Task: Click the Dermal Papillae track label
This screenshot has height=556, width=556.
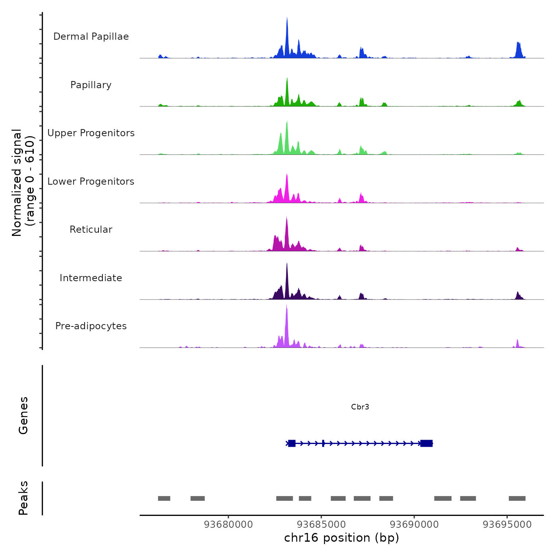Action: [91, 37]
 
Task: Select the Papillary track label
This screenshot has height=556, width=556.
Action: [91, 85]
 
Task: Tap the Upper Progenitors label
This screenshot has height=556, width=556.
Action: [91, 133]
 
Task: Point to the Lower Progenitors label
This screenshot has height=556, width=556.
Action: [91, 181]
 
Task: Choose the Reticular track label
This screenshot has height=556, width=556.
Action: [91, 230]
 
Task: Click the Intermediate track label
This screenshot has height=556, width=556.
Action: [91, 278]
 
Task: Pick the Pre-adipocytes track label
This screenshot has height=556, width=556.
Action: [91, 326]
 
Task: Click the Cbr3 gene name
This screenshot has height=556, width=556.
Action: [360, 407]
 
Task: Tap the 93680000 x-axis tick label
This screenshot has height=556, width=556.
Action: [228, 525]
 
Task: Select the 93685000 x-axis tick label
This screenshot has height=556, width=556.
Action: [321, 525]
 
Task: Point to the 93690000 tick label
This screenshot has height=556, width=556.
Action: [414, 525]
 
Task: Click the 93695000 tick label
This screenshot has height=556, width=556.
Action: [507, 525]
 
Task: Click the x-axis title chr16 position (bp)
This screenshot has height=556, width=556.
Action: [342, 538]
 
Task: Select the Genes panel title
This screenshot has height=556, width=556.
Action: [23, 415]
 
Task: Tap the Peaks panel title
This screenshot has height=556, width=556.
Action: [23, 498]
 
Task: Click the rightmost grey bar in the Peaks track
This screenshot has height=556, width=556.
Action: [517, 498]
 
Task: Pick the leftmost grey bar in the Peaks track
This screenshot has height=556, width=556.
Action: [164, 498]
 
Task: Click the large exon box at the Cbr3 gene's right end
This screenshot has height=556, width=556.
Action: [426, 443]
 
